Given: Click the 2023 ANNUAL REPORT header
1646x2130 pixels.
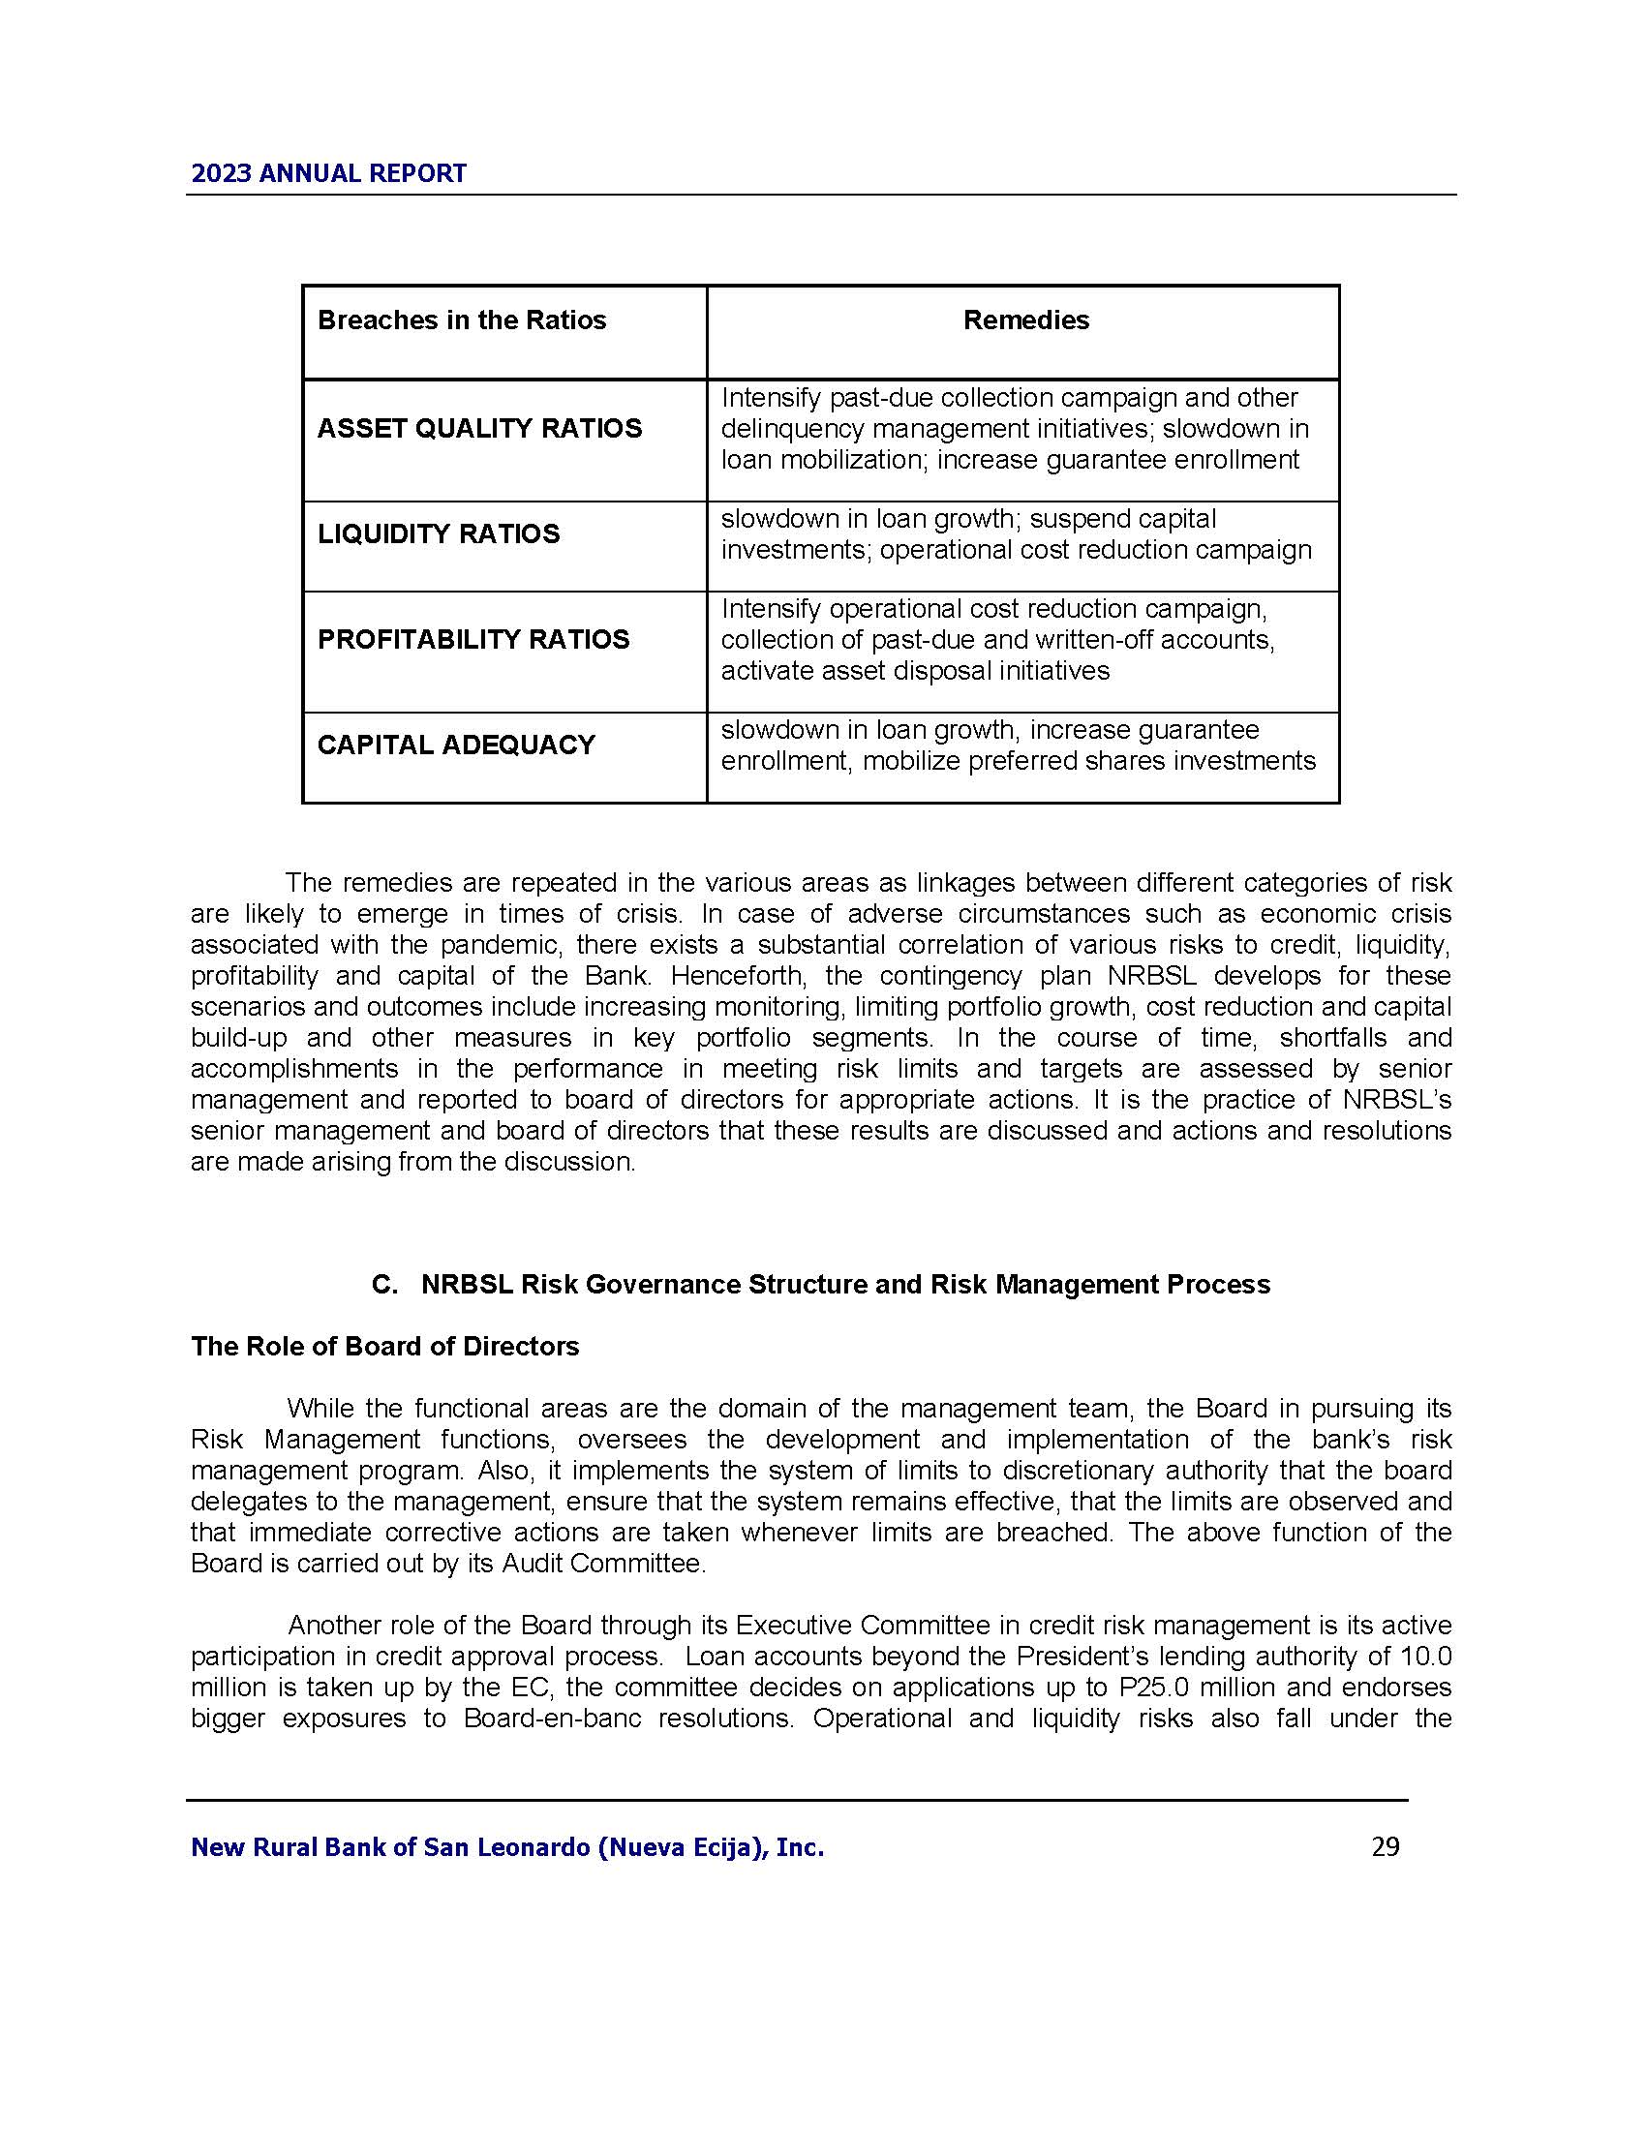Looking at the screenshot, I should coord(328,173).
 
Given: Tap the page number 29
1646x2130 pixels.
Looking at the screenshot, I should coord(1385,1847).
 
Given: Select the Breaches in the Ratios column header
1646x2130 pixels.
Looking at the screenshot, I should coord(461,320).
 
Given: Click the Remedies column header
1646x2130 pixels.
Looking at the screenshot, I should coord(1025,320).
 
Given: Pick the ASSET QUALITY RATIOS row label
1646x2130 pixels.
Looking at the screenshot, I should coord(479,429).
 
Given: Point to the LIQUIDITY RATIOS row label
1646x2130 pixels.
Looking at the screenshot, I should coord(439,534).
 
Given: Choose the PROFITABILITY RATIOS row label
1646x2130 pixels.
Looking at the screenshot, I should coord(472,640).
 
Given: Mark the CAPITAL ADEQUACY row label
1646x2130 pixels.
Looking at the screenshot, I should coord(455,745).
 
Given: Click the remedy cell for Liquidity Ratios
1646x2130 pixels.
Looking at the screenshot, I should coord(1016,535).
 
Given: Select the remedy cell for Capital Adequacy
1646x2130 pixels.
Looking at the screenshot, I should coord(1018,746).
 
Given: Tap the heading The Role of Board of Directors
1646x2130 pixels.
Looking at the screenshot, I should coord(384,1347).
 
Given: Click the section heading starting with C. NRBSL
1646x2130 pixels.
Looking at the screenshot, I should coord(821,1285).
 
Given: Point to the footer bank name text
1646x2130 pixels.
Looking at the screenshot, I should coord(507,1847).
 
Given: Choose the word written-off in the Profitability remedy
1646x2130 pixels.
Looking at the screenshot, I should coord(984,641).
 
